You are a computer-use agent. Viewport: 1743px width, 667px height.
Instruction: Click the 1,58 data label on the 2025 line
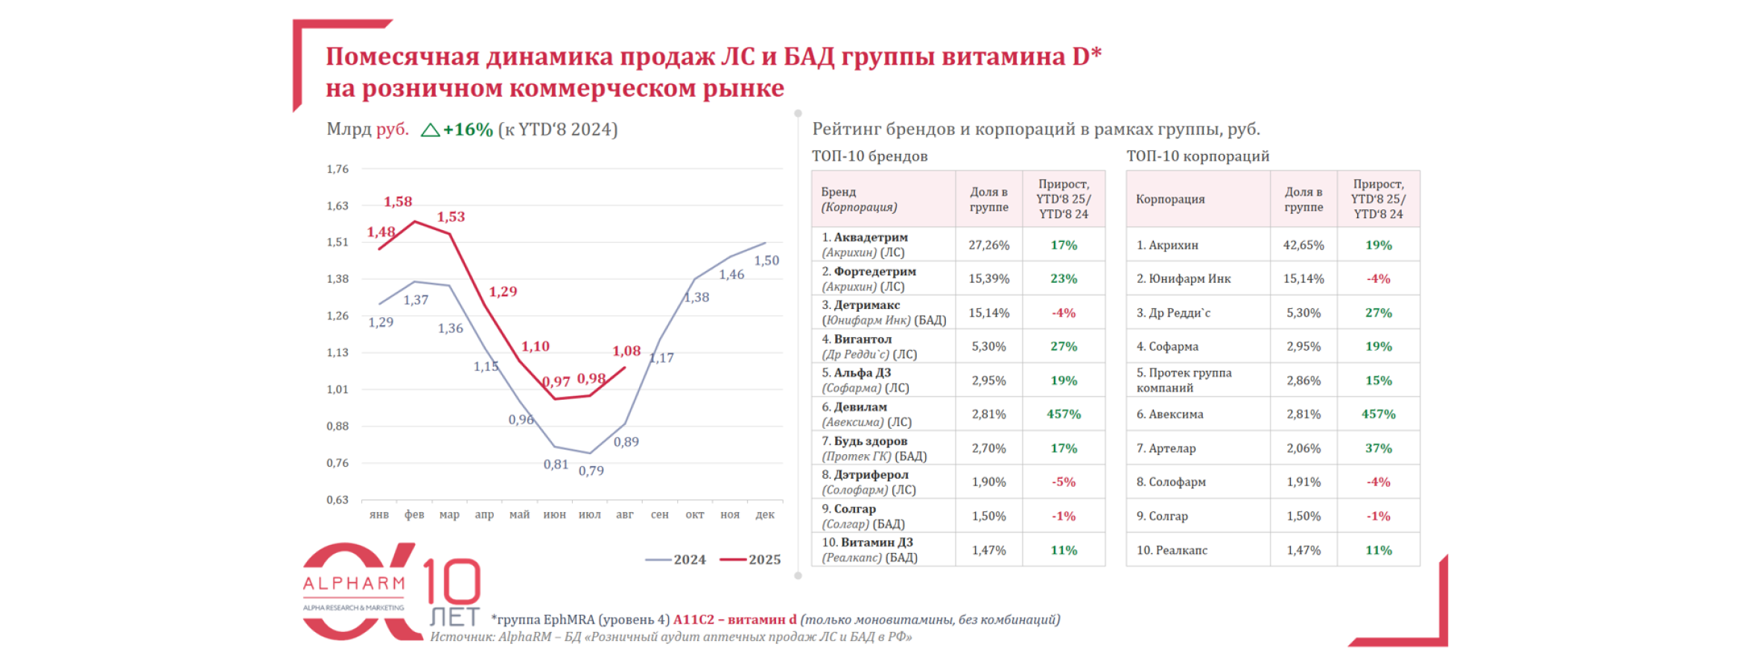(398, 202)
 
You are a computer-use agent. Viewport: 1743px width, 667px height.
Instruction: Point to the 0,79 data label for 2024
(591, 470)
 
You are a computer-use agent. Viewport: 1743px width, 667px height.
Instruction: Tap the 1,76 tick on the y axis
(337, 169)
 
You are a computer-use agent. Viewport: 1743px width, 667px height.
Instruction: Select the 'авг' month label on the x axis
(624, 514)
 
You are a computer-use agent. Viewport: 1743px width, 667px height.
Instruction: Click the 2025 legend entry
(751, 560)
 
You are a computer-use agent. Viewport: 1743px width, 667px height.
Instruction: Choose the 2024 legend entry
(676, 560)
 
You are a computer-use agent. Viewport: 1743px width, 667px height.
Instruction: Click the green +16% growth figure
(467, 130)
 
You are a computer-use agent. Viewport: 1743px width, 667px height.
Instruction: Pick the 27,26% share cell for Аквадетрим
(988, 245)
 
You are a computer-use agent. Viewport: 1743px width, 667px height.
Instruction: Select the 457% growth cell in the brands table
(1063, 414)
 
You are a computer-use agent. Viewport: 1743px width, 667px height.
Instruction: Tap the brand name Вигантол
(863, 339)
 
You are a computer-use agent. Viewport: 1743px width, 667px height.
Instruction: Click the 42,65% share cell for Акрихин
(1303, 245)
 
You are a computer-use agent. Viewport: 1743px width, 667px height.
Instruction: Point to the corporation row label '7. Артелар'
(1166, 448)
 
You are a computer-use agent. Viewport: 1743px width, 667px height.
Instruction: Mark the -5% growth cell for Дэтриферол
(1063, 482)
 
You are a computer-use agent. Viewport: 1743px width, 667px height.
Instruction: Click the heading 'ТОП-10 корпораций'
(1197, 156)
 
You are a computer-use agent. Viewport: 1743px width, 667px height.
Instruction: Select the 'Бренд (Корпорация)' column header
(859, 200)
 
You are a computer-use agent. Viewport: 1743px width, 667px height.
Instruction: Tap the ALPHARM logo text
(354, 584)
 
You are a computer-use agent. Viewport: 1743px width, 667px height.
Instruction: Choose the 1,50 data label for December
(766, 261)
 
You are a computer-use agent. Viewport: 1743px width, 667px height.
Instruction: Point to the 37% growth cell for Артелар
(1378, 448)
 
